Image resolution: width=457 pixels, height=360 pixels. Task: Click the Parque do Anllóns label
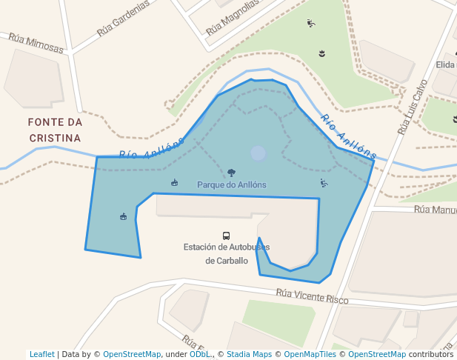click(232, 184)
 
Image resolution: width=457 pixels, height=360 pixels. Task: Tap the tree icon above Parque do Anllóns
click(232, 173)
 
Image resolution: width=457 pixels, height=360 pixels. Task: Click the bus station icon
click(227, 236)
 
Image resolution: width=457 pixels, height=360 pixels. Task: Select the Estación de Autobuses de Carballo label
click(227, 253)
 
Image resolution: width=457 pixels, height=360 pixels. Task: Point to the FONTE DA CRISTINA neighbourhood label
click(55, 130)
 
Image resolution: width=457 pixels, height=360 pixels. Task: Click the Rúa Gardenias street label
click(123, 19)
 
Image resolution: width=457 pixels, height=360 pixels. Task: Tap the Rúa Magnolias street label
click(233, 18)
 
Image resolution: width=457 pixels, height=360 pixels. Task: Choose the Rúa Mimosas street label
click(36, 43)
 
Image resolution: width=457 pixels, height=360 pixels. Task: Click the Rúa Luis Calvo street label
click(413, 107)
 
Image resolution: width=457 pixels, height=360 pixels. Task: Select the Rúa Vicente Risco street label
click(312, 296)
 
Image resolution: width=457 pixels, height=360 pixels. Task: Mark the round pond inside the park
click(258, 153)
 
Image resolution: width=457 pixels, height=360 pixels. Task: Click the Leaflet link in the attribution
click(42, 355)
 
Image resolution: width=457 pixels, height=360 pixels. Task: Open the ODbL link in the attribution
click(200, 355)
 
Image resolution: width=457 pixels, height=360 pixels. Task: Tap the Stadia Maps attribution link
click(249, 355)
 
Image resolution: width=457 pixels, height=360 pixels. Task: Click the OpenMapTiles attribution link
click(312, 355)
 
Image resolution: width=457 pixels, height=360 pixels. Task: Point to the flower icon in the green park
click(321, 53)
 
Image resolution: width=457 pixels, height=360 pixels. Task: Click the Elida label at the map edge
click(446, 65)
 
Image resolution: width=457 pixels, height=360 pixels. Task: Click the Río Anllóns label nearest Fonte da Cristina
click(152, 149)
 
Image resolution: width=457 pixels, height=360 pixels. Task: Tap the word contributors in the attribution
click(431, 355)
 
